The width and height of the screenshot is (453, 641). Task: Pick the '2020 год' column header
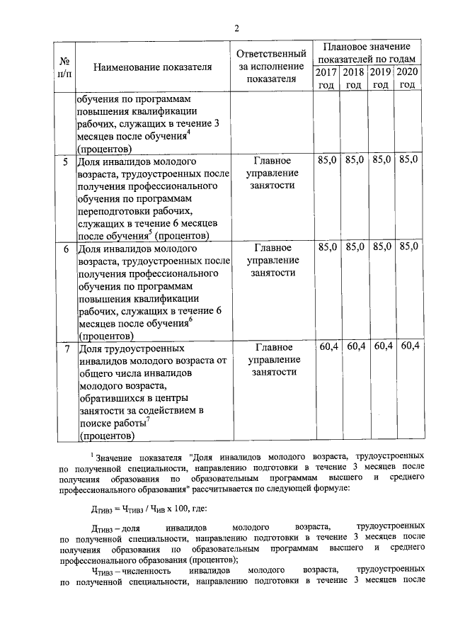[x=408, y=79]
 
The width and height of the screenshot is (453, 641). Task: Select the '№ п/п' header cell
[x=65, y=67]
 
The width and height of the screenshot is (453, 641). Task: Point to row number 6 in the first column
[x=65, y=249]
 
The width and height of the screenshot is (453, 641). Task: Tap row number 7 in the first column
[x=65, y=348]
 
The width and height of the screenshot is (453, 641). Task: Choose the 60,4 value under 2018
[x=355, y=346]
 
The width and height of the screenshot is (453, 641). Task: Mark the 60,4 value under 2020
[x=409, y=346]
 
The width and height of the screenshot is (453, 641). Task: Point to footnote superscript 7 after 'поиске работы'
[x=149, y=419]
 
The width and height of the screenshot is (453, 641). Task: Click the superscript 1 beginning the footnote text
[x=92, y=453]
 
